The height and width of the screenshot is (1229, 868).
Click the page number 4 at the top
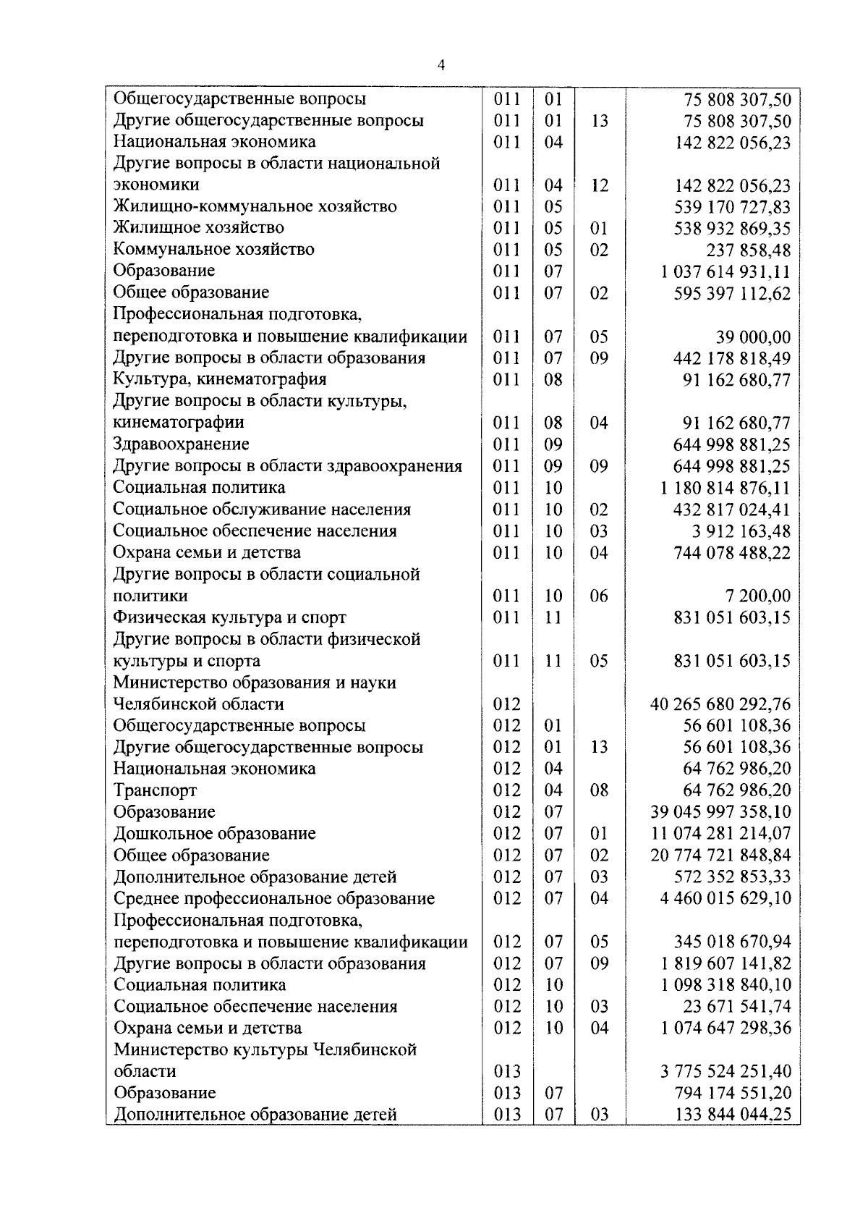pos(441,66)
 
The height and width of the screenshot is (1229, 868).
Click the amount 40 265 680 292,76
pos(720,704)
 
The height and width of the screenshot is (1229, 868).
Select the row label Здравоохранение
pos(181,444)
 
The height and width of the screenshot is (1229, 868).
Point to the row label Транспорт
pos(155,790)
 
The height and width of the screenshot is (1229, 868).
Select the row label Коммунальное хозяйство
pos(213,250)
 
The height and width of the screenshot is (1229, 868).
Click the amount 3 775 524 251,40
pos(726,1071)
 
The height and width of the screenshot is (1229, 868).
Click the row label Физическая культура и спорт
pos(229,618)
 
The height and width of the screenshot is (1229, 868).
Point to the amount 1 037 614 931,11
pos(726,272)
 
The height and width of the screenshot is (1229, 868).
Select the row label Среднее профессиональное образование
pos(274,899)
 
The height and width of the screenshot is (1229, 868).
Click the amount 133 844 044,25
pos(732,1115)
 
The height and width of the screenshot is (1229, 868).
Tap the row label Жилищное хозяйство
pos(198,228)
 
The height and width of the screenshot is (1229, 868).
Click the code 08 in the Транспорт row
pos(599,790)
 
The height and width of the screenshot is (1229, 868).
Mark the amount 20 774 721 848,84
pos(720,856)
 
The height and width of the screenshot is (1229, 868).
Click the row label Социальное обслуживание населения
pos(262,510)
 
